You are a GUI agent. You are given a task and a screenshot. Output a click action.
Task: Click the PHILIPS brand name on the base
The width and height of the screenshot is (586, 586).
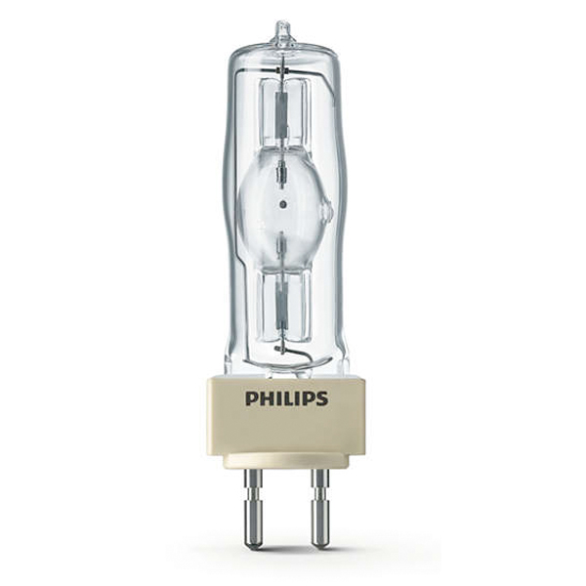[287, 398]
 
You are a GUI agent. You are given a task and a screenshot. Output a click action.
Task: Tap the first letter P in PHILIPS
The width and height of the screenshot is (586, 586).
[252, 398]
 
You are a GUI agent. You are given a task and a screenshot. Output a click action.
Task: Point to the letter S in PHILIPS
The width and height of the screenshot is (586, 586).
[322, 398]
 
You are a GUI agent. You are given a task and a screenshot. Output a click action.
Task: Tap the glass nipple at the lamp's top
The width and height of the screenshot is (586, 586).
[282, 30]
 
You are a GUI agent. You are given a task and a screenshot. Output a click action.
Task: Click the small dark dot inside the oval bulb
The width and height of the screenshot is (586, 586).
[282, 204]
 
